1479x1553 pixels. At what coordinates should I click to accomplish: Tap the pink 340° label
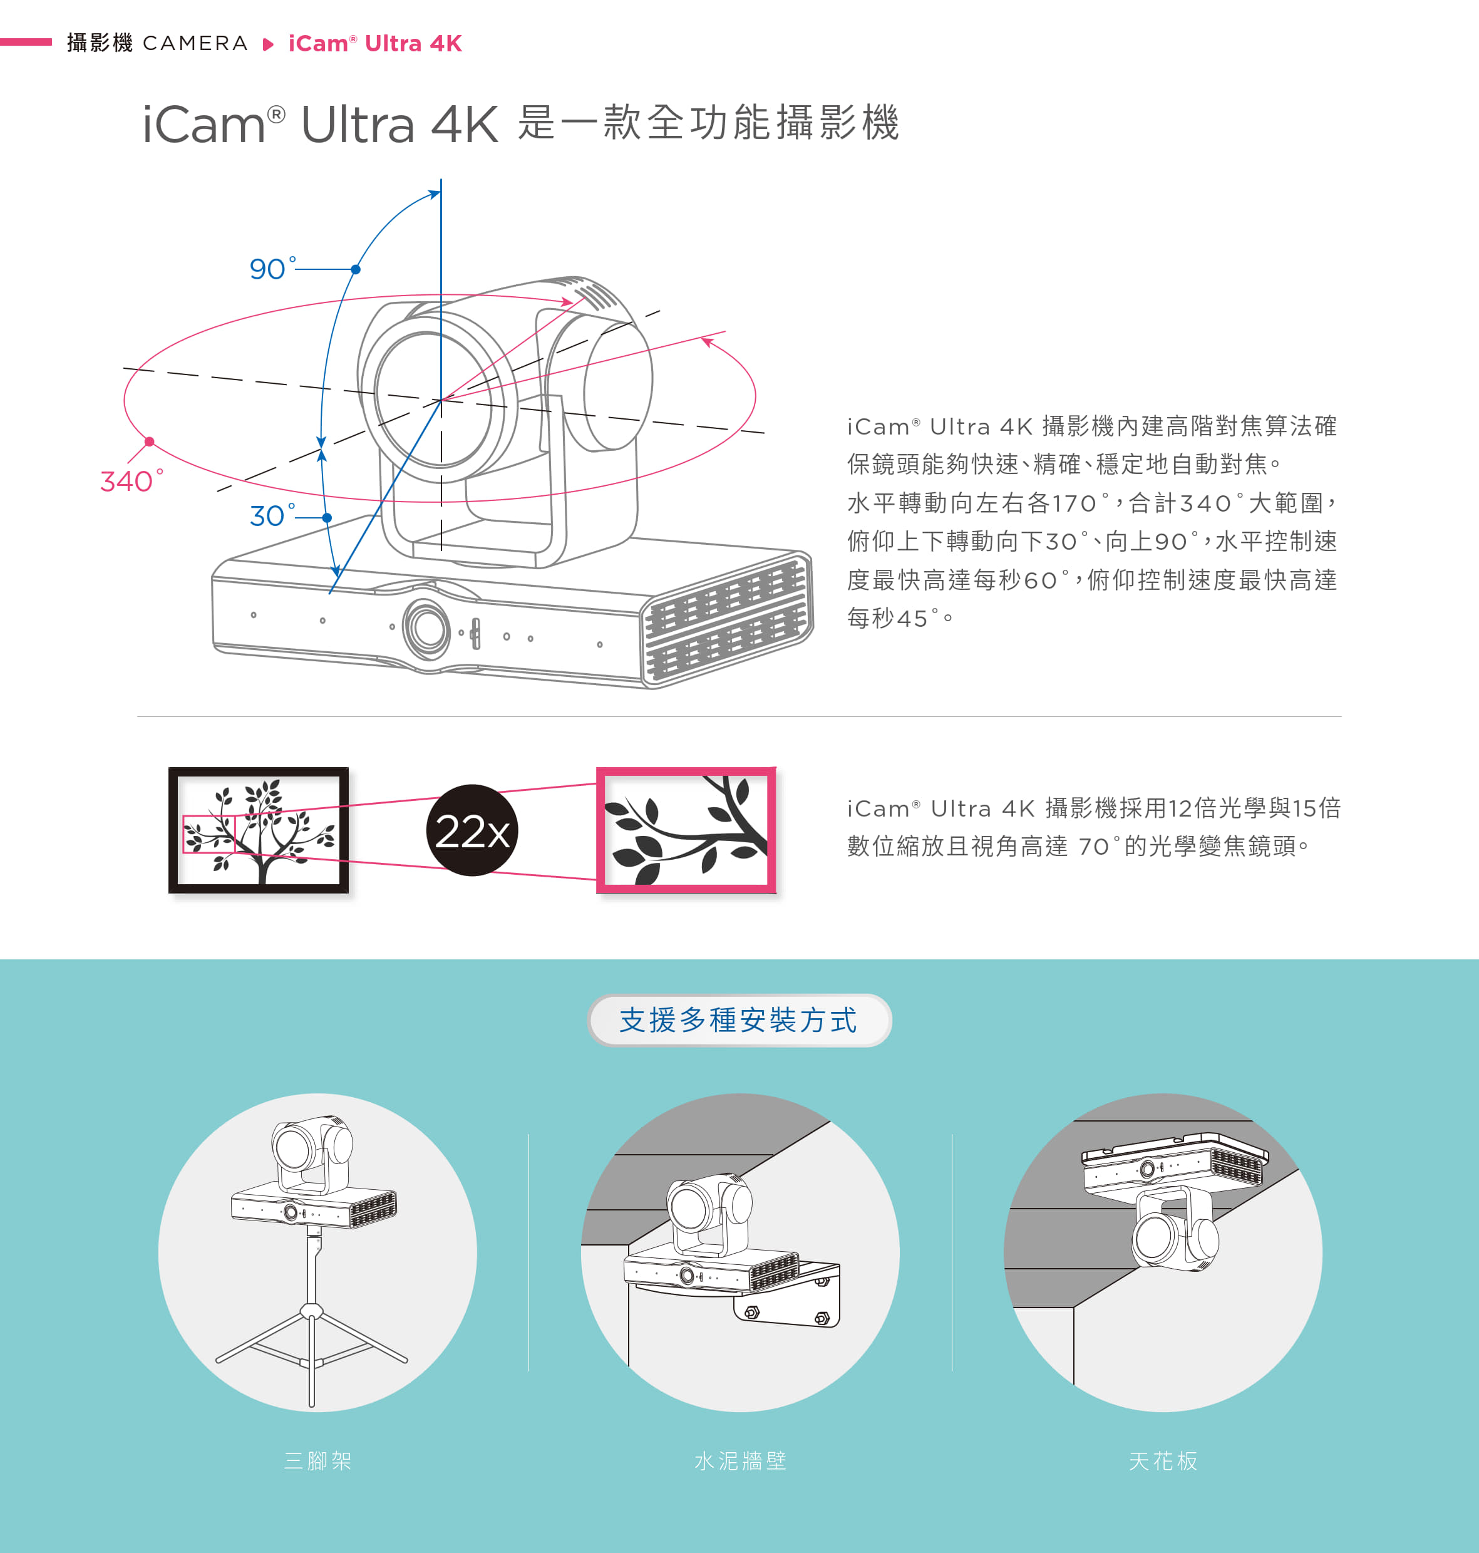tap(131, 481)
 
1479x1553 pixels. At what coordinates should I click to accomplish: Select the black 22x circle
tap(472, 830)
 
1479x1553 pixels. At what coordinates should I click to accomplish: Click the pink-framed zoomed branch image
tap(686, 830)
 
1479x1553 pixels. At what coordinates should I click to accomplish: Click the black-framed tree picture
tap(259, 830)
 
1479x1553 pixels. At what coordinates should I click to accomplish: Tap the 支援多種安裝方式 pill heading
tap(739, 1020)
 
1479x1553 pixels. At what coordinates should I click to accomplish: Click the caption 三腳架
tap(317, 1461)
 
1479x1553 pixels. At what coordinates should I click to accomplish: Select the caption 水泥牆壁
tap(740, 1461)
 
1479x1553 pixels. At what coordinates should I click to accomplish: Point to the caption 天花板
tap(1163, 1461)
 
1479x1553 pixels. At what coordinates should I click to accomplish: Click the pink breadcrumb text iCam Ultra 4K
tap(374, 43)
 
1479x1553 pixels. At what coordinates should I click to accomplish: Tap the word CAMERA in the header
tap(195, 43)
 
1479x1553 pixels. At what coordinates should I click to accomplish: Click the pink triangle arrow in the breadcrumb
tap(268, 44)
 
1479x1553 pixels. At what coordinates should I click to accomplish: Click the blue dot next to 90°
tap(356, 270)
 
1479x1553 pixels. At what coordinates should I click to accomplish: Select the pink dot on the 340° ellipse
tap(150, 441)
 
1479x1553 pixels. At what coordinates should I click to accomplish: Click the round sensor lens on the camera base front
tap(427, 627)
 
